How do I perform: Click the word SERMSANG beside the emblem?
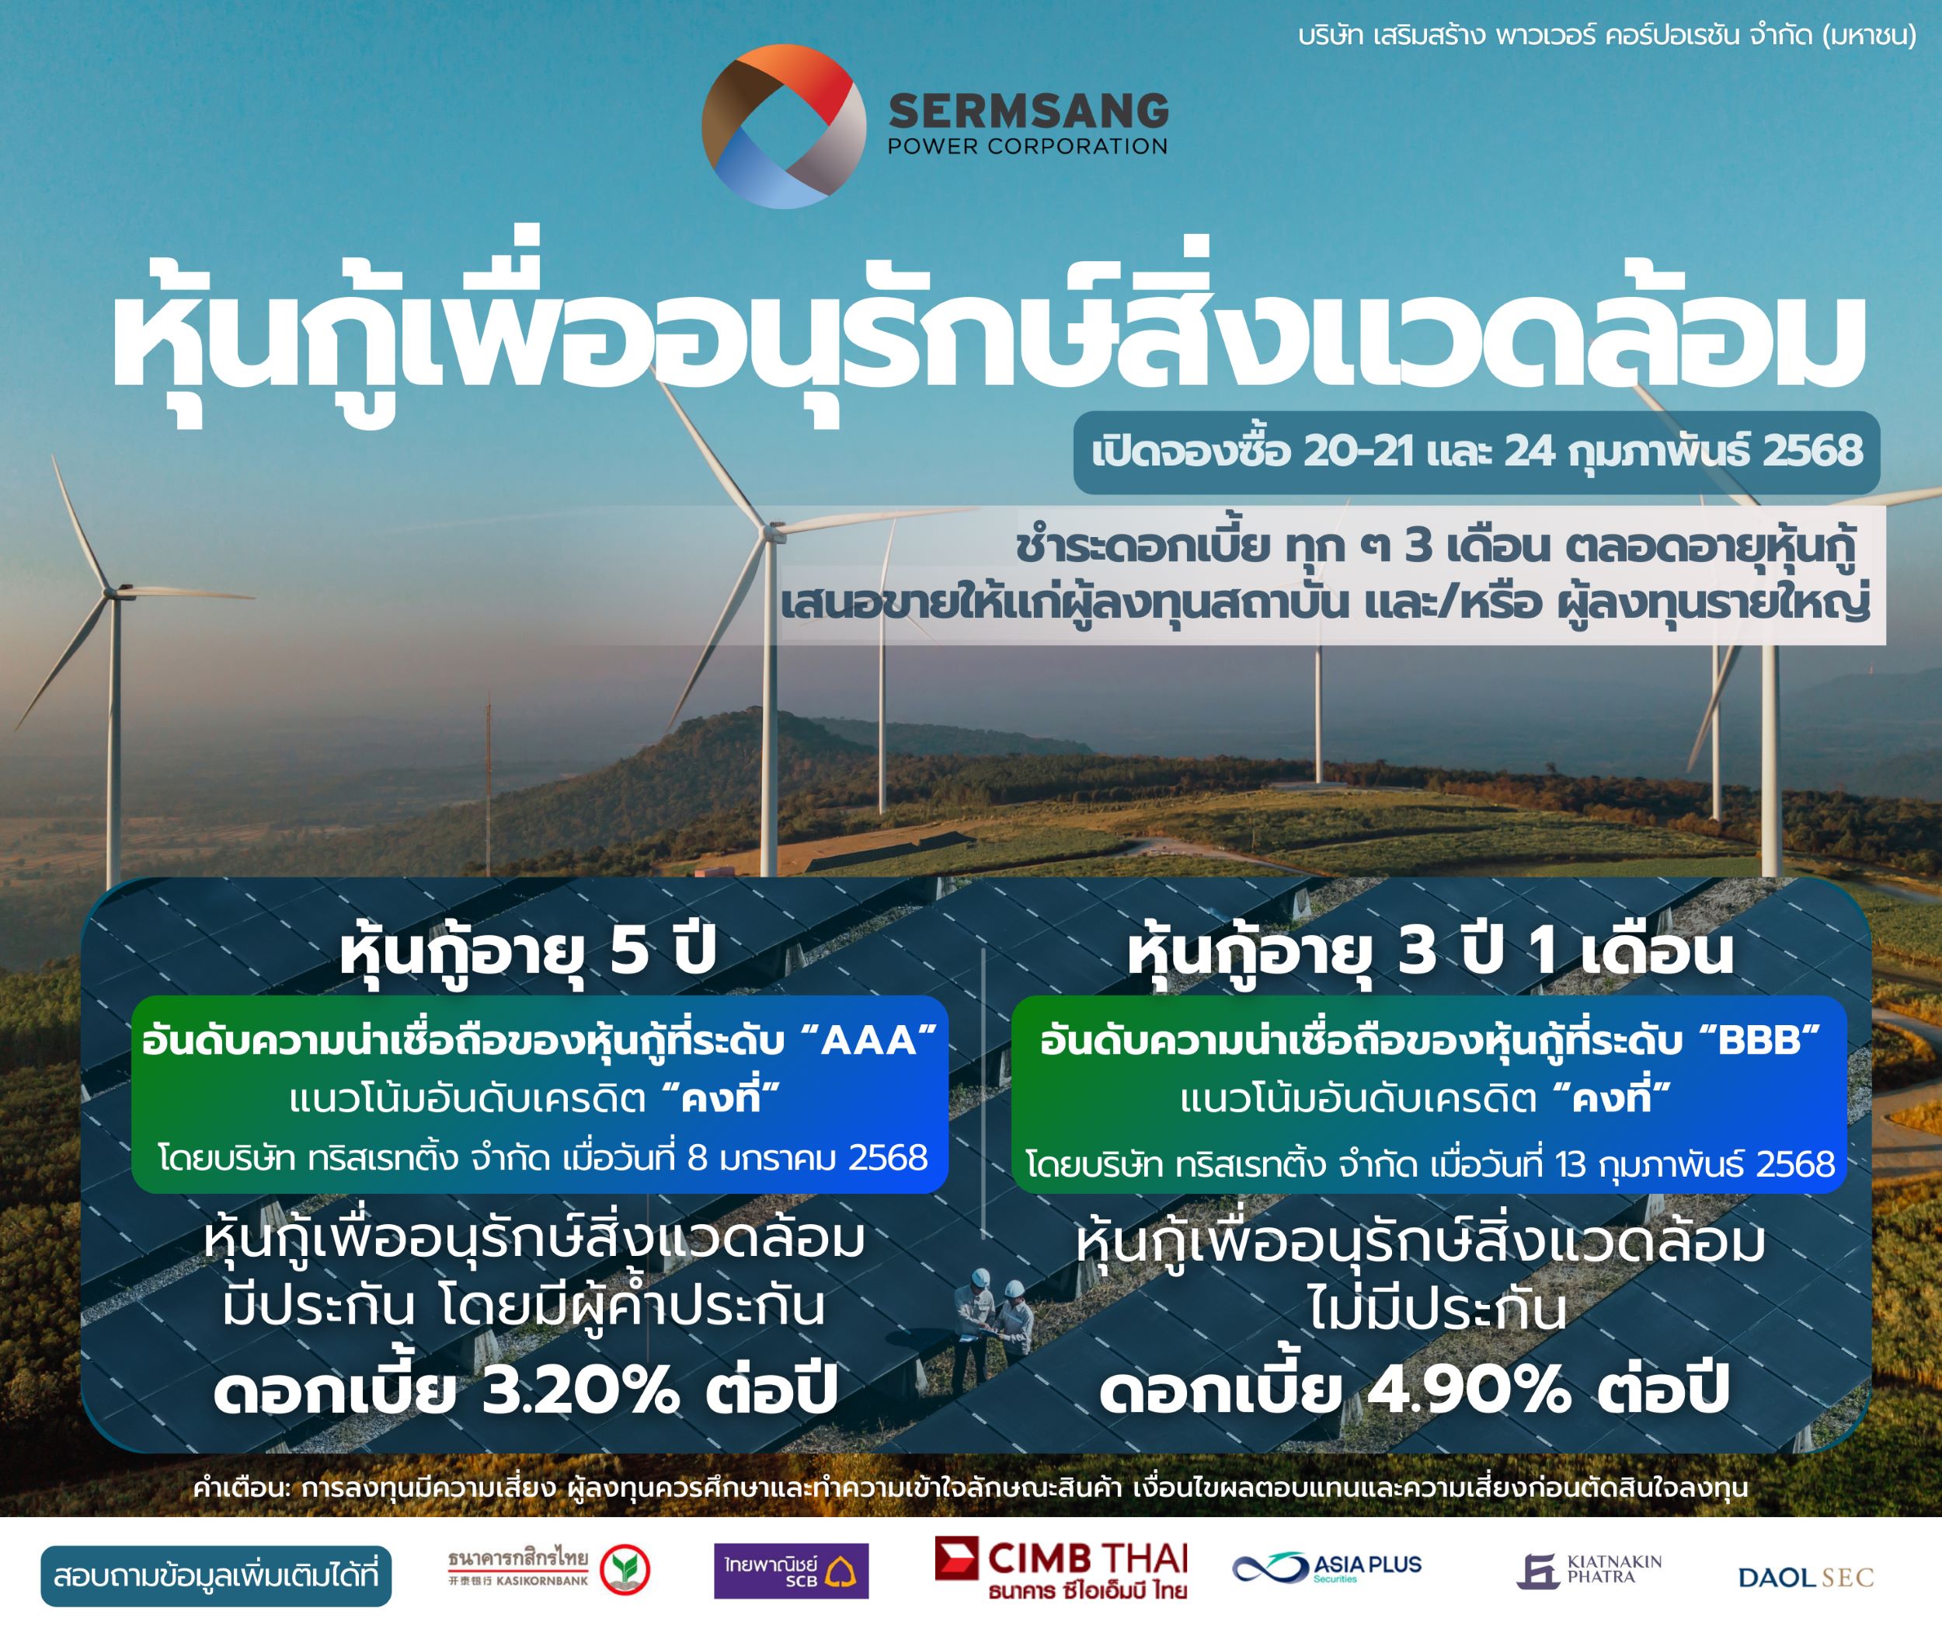[1028, 111]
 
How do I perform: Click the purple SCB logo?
[791, 1571]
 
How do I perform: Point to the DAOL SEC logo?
[1806, 1577]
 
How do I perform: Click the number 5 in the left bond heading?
[629, 951]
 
